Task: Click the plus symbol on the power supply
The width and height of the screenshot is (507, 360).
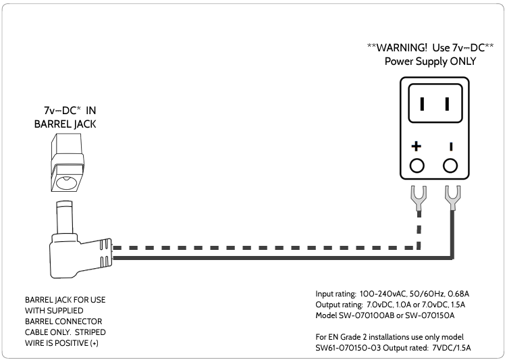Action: click(x=417, y=146)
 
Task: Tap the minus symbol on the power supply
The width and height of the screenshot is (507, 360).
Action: click(x=450, y=146)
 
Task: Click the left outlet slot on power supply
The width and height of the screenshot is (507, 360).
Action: click(x=421, y=104)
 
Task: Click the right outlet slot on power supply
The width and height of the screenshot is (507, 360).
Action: click(x=446, y=104)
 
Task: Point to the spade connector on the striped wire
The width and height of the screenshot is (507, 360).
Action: click(x=419, y=197)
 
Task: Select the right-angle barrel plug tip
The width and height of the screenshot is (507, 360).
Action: click(x=64, y=215)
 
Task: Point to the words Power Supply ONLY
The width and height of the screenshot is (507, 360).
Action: click(x=431, y=61)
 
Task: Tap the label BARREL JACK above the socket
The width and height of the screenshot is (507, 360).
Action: click(x=65, y=124)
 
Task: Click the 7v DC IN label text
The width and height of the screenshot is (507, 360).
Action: click(x=65, y=110)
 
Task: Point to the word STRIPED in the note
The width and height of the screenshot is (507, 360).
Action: click(x=90, y=332)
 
